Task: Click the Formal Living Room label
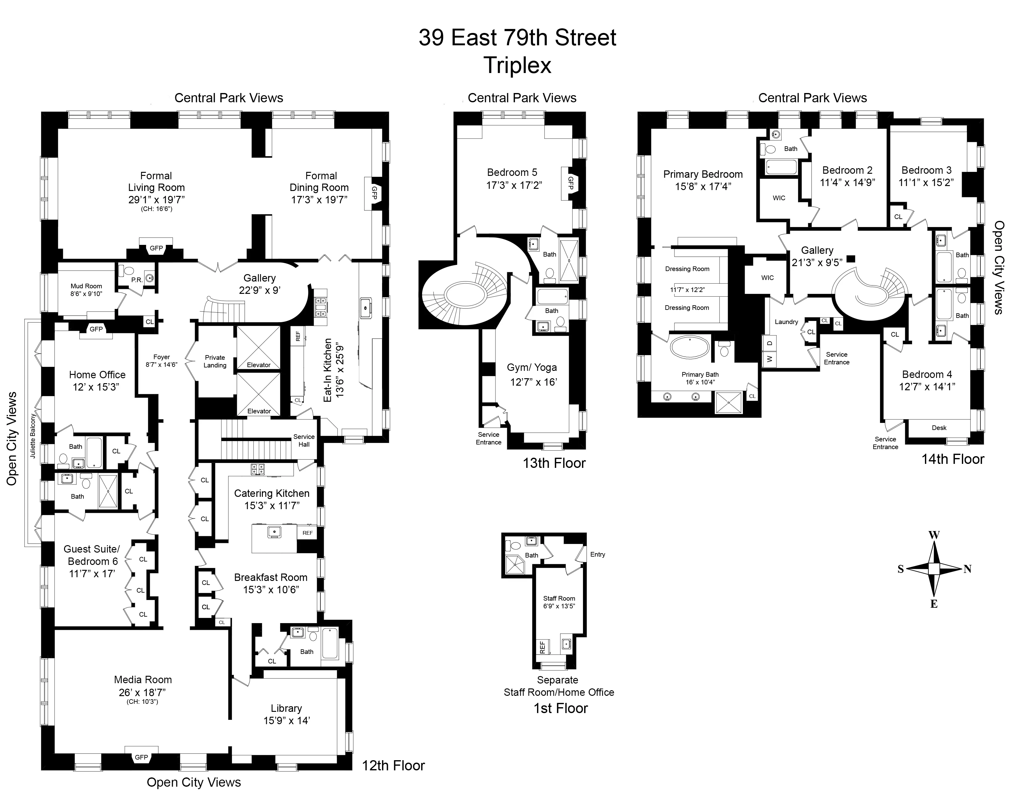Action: click(156, 187)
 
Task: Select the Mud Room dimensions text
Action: click(86, 294)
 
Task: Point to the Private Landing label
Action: click(215, 361)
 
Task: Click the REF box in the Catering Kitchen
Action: click(307, 533)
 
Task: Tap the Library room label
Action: click(286, 708)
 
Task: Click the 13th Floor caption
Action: click(554, 463)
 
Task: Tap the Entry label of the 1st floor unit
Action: click(597, 554)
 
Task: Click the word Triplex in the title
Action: click(517, 65)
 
